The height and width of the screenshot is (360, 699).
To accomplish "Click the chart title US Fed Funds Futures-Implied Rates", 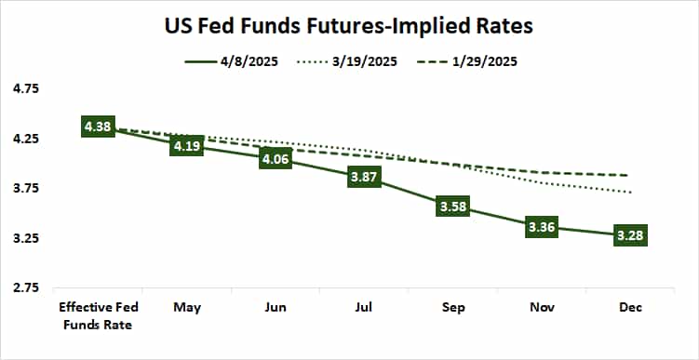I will [349, 26].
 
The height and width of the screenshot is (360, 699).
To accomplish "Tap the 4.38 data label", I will [98, 127].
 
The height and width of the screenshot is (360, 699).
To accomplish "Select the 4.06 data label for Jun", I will [275, 159].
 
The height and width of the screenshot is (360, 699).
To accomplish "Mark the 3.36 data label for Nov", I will [540, 228].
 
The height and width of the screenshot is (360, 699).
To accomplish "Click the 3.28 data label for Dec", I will [628, 236].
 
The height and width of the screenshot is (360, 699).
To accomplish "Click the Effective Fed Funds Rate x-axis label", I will [98, 314].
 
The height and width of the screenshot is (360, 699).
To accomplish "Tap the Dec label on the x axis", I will [628, 307].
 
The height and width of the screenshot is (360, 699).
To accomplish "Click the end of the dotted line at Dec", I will [632, 193].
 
